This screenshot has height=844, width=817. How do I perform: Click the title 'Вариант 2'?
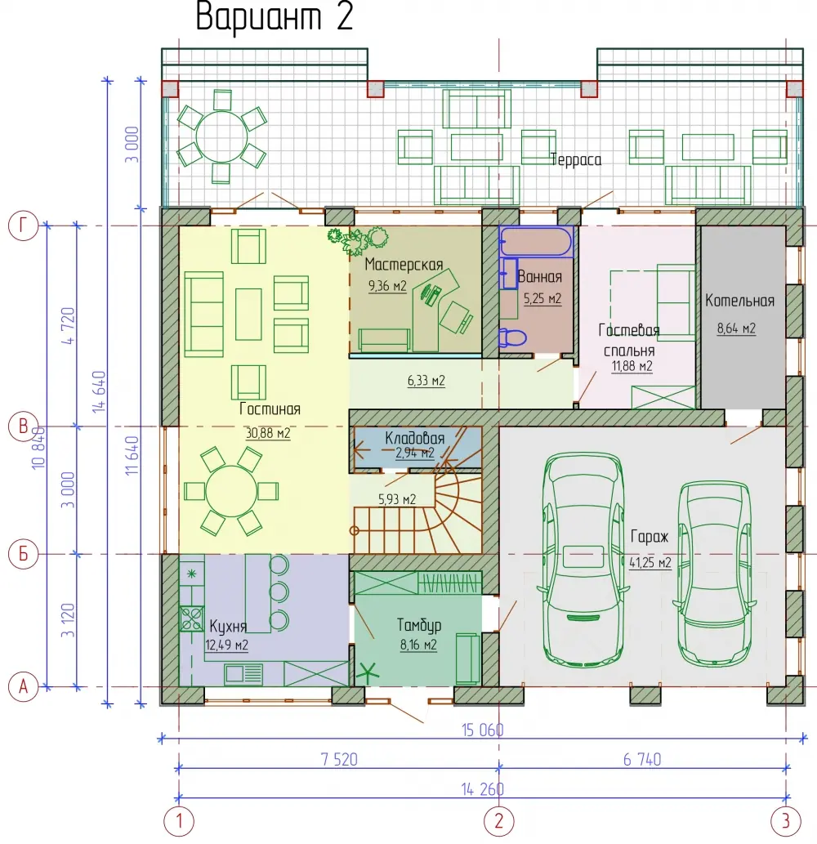pos(274,16)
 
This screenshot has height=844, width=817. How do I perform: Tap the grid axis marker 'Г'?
pos(23,226)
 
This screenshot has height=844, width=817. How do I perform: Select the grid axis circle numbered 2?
pos(499,820)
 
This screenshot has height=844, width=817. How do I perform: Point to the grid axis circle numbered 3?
pos(786,820)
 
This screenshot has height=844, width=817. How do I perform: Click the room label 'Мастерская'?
pos(404,264)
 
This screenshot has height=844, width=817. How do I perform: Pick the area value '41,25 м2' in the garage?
pos(650,562)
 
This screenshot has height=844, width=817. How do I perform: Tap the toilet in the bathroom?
pos(511,337)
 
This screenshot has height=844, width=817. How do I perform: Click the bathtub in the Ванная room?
pos(536,240)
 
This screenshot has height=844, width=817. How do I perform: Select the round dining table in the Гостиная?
pos(231,491)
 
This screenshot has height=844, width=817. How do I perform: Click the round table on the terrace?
pos(221,136)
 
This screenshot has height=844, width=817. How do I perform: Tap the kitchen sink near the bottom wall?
pos(243,674)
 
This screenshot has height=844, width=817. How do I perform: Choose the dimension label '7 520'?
pos(339,760)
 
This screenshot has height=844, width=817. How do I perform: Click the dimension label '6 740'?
pos(642,760)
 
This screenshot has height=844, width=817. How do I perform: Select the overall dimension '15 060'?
pos(482,730)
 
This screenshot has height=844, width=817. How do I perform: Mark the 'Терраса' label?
pos(576,160)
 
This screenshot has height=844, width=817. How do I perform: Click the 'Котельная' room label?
pos(739,301)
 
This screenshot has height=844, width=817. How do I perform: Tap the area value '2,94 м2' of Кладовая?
pos(414,453)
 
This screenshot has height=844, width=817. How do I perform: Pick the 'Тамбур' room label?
pos(419,625)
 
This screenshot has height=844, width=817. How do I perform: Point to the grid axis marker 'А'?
pos(23,687)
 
